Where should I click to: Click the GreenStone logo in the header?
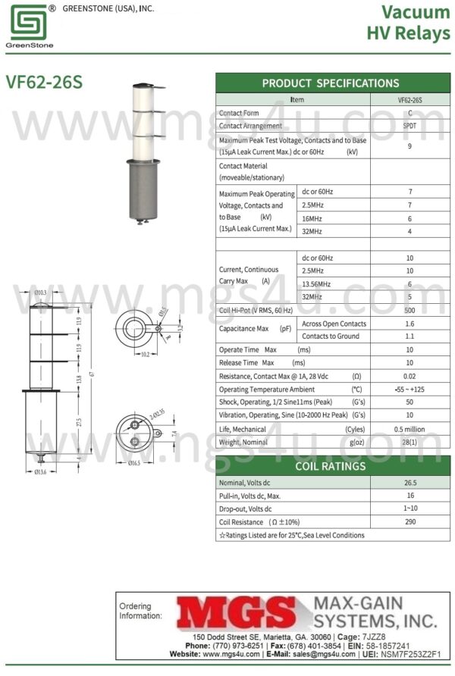pos(27,24)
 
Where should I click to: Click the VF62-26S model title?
pos(43,82)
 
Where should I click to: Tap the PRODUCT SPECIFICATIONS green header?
pos(330,83)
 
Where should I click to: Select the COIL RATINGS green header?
pos(330,466)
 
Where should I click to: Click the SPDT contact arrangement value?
pos(409,126)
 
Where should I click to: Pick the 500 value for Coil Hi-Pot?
pos(409,311)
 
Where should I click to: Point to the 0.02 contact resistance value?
pos(409,376)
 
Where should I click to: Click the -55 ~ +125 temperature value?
pos(409,390)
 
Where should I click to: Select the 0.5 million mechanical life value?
pos(409,429)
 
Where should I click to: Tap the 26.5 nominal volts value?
pos(409,482)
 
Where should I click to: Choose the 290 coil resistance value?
pos(409,522)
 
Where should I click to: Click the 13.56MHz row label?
pos(318,283)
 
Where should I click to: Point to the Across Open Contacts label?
pos(334,324)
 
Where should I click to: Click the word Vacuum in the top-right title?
pos(416,12)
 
